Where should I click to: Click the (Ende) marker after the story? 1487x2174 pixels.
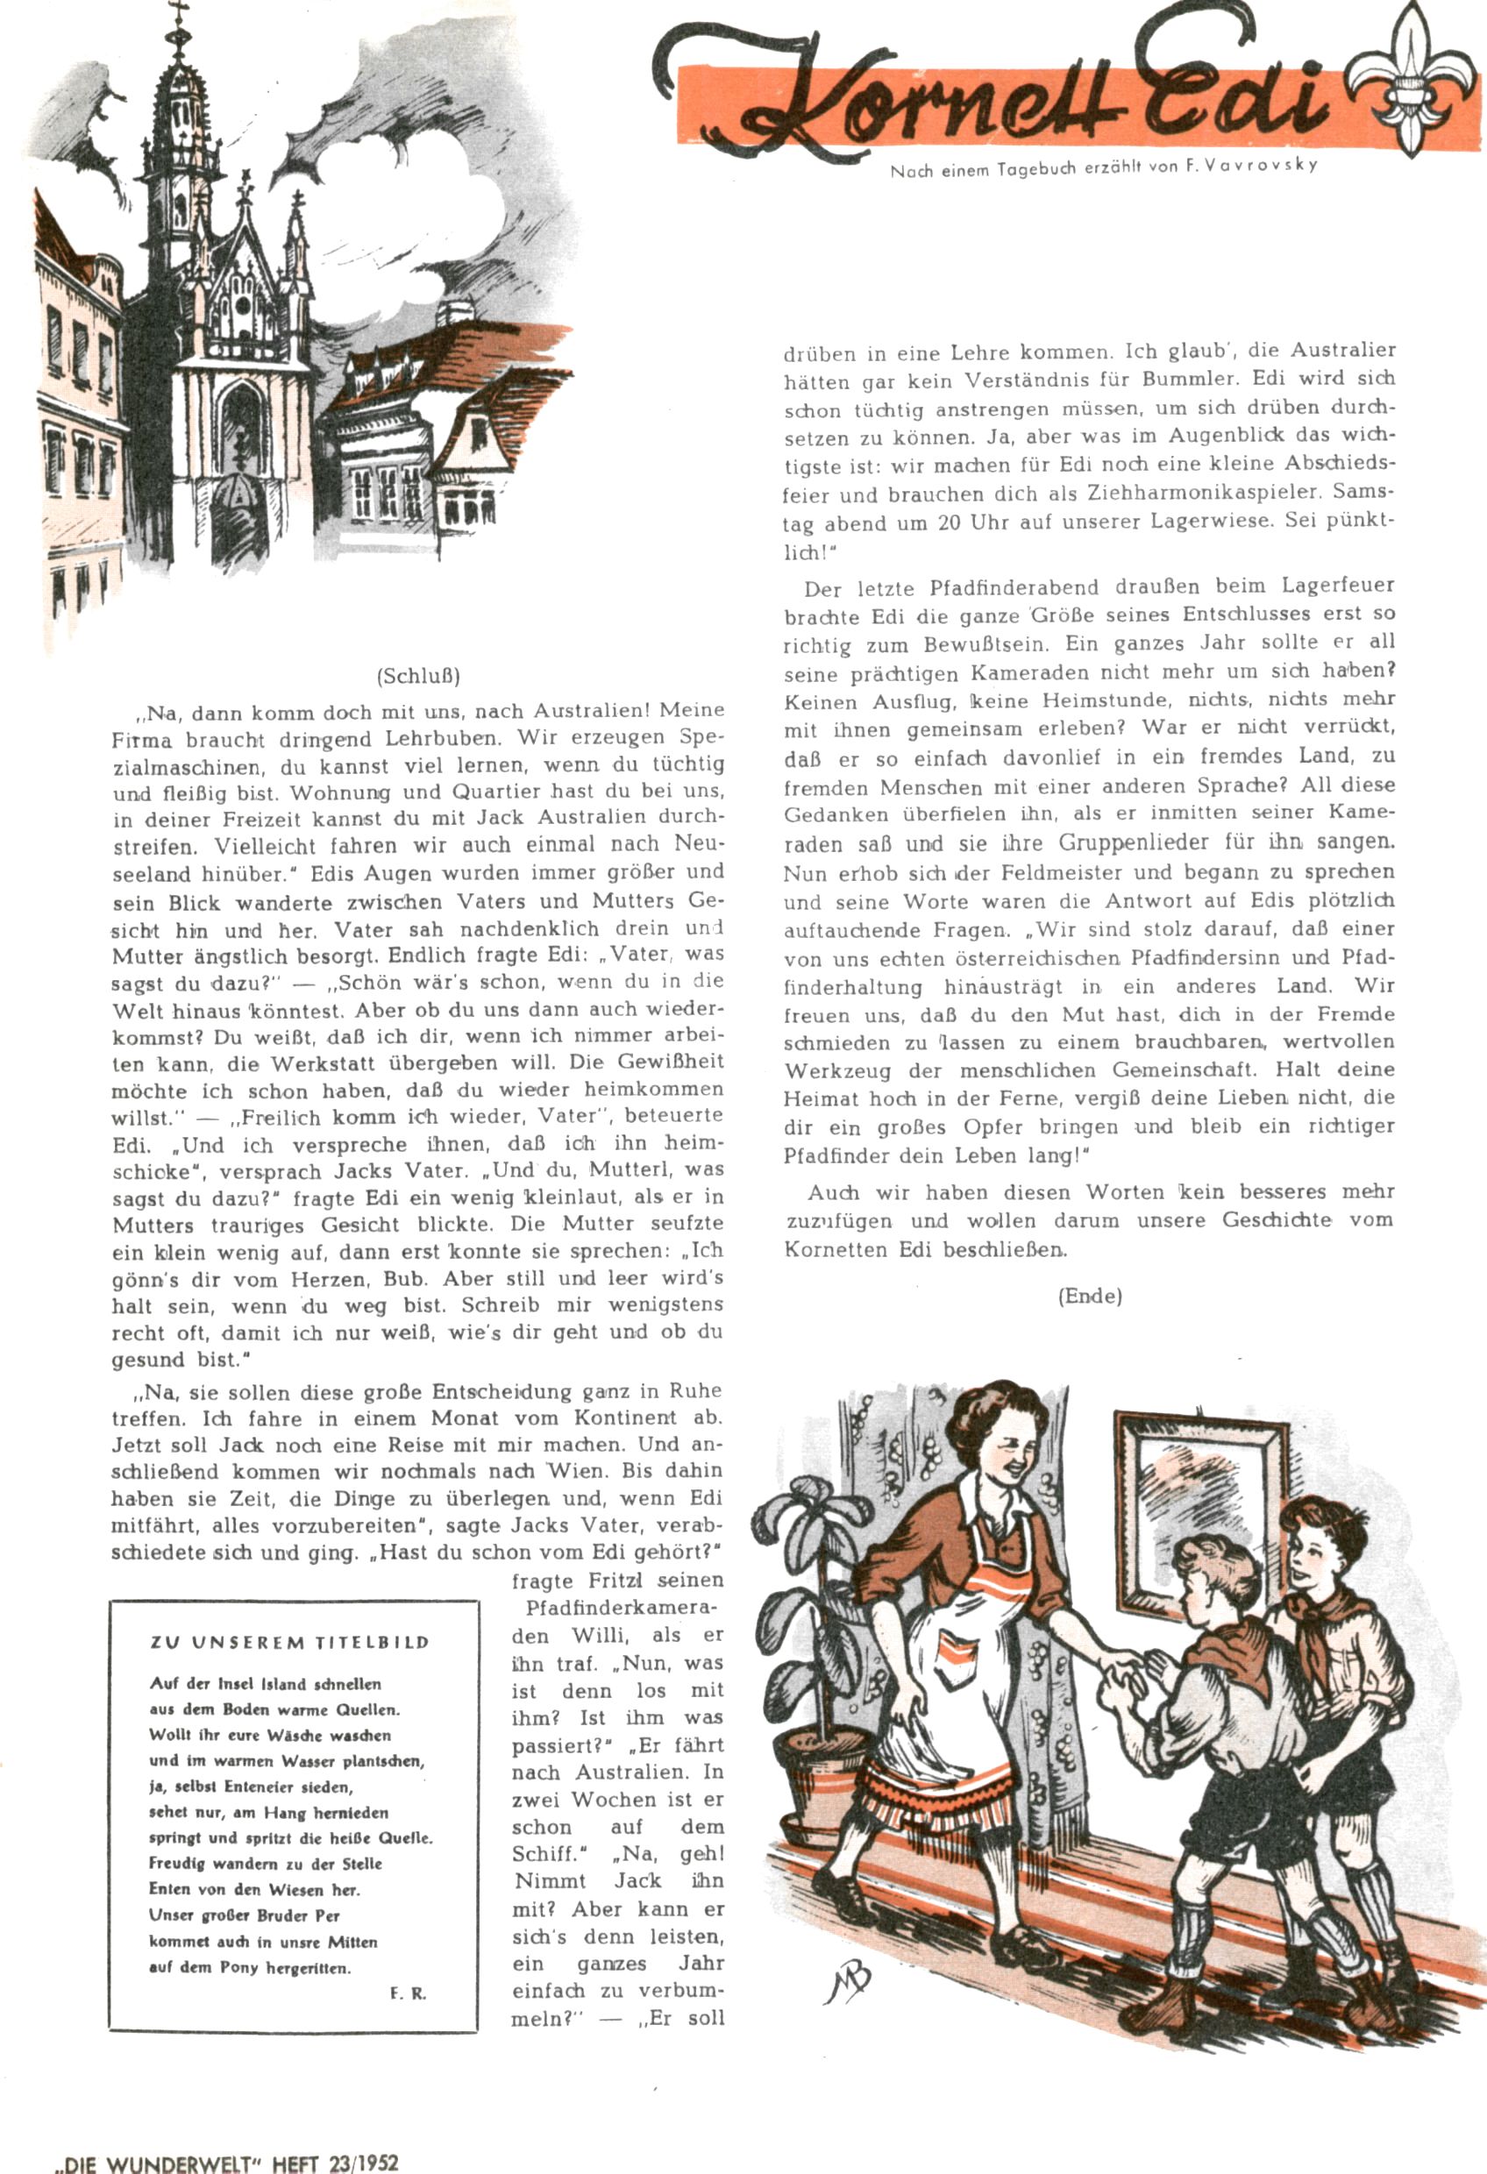coord(1089,1296)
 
